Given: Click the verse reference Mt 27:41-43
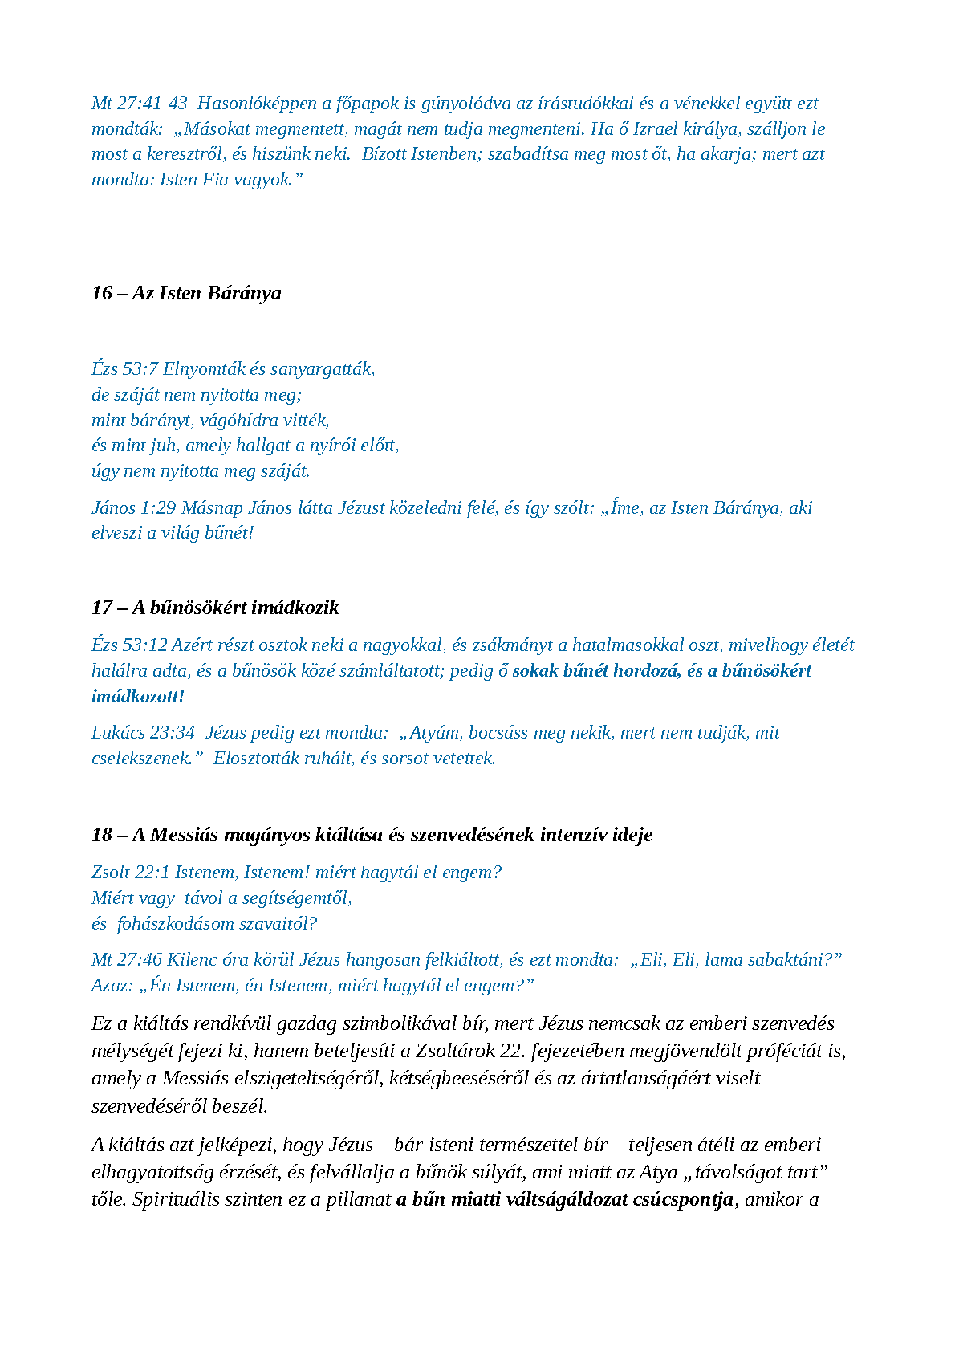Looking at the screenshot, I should click(x=140, y=104).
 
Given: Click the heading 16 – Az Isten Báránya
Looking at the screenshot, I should click(x=186, y=293).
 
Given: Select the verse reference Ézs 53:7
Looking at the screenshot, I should click(x=124, y=369).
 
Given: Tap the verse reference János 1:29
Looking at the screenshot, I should click(x=133, y=508).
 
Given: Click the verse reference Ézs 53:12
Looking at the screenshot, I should click(x=129, y=645).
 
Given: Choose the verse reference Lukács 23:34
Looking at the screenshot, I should click(x=143, y=733).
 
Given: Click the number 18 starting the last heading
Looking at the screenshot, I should click(x=102, y=835).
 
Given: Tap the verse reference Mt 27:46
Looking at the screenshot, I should click(x=127, y=960).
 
